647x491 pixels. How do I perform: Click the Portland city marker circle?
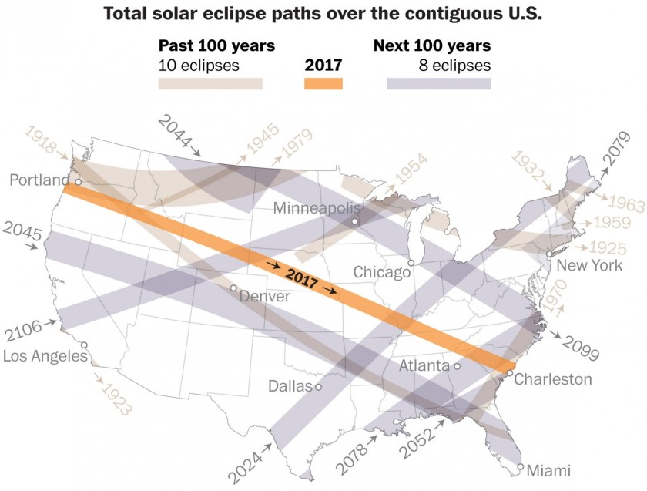click(x=78, y=182)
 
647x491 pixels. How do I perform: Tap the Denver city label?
click(x=264, y=296)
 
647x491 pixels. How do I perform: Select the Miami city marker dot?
click(x=521, y=467)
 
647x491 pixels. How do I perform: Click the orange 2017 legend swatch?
click(x=323, y=83)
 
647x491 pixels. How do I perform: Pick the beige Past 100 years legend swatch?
click(x=210, y=83)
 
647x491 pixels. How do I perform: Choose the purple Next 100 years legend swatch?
click(x=438, y=83)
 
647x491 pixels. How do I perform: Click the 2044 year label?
click(x=174, y=125)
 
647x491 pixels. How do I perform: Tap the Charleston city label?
click(x=553, y=378)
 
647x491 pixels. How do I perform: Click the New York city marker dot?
click(x=548, y=254)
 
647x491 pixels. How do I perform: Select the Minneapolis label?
click(x=317, y=208)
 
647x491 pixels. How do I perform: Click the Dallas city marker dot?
click(x=318, y=386)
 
